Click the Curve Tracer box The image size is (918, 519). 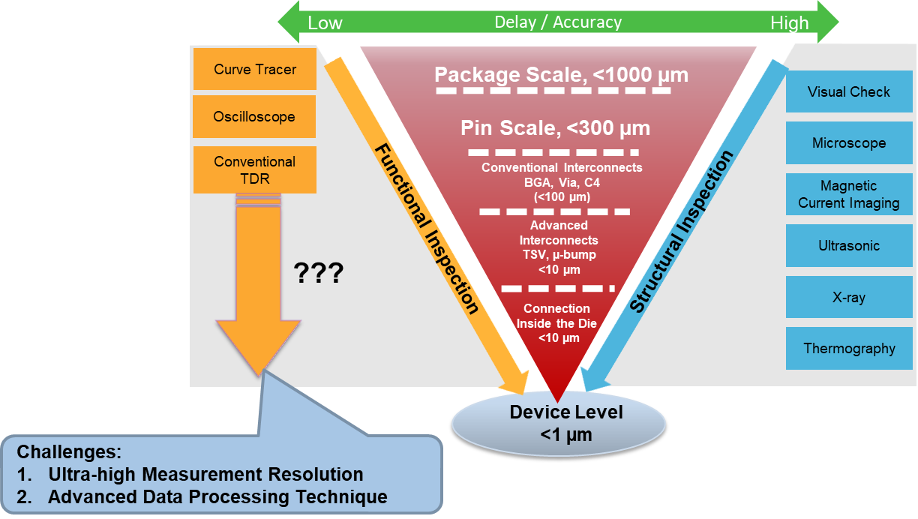[x=254, y=70]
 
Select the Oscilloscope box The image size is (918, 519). [x=254, y=117]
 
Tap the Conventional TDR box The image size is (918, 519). [x=254, y=170]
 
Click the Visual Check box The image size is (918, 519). [x=848, y=92]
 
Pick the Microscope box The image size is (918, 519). [x=848, y=143]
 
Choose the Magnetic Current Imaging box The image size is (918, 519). [x=848, y=194]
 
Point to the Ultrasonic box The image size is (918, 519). [x=848, y=245]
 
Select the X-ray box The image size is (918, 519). [x=848, y=297]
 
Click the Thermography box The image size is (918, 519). [x=848, y=349]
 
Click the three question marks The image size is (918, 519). [x=317, y=273]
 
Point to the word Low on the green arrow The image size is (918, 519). [x=325, y=23]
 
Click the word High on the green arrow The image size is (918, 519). [x=789, y=23]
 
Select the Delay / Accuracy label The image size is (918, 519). [x=557, y=22]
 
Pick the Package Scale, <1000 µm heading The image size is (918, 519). [x=561, y=75]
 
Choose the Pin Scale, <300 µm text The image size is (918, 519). [x=555, y=128]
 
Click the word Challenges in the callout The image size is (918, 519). [x=69, y=452]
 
